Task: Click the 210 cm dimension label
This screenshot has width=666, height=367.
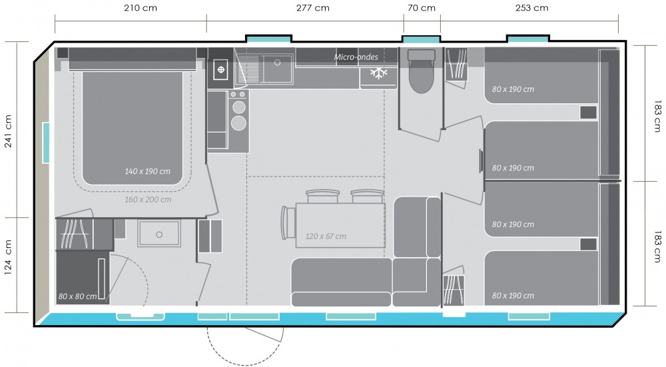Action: pyautogui.click(x=141, y=8)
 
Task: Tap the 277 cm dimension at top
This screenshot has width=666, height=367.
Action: pyautogui.click(x=312, y=8)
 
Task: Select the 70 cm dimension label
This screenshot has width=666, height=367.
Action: pyautogui.click(x=422, y=8)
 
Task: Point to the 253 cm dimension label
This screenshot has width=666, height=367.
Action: pyautogui.click(x=531, y=8)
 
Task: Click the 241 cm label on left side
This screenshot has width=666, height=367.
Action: pyautogui.click(x=8, y=131)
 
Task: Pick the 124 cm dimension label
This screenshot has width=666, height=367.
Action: pyautogui.click(x=8, y=258)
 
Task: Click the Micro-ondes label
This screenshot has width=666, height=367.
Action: pyautogui.click(x=356, y=57)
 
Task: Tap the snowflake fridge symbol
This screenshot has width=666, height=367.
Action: pyautogui.click(x=378, y=73)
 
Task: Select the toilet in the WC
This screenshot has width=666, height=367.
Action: pyautogui.click(x=422, y=71)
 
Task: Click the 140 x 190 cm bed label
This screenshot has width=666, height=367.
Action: pyautogui.click(x=147, y=171)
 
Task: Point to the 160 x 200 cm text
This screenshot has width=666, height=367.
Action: pyautogui.click(x=148, y=200)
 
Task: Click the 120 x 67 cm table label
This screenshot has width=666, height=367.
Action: pyautogui.click(x=326, y=236)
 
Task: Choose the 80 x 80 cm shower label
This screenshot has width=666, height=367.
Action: pyautogui.click(x=77, y=296)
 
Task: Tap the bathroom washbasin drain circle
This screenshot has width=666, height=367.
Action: pyautogui.click(x=159, y=234)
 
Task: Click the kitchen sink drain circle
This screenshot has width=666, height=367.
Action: pyautogui.click(x=277, y=63)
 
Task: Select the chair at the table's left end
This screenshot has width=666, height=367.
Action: pyautogui.click(x=286, y=223)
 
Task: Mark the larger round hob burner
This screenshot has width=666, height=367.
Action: pyautogui.click(x=238, y=123)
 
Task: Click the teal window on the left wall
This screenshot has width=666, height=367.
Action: pyautogui.click(x=45, y=143)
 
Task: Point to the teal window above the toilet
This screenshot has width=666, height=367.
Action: pyautogui.click(x=422, y=39)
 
